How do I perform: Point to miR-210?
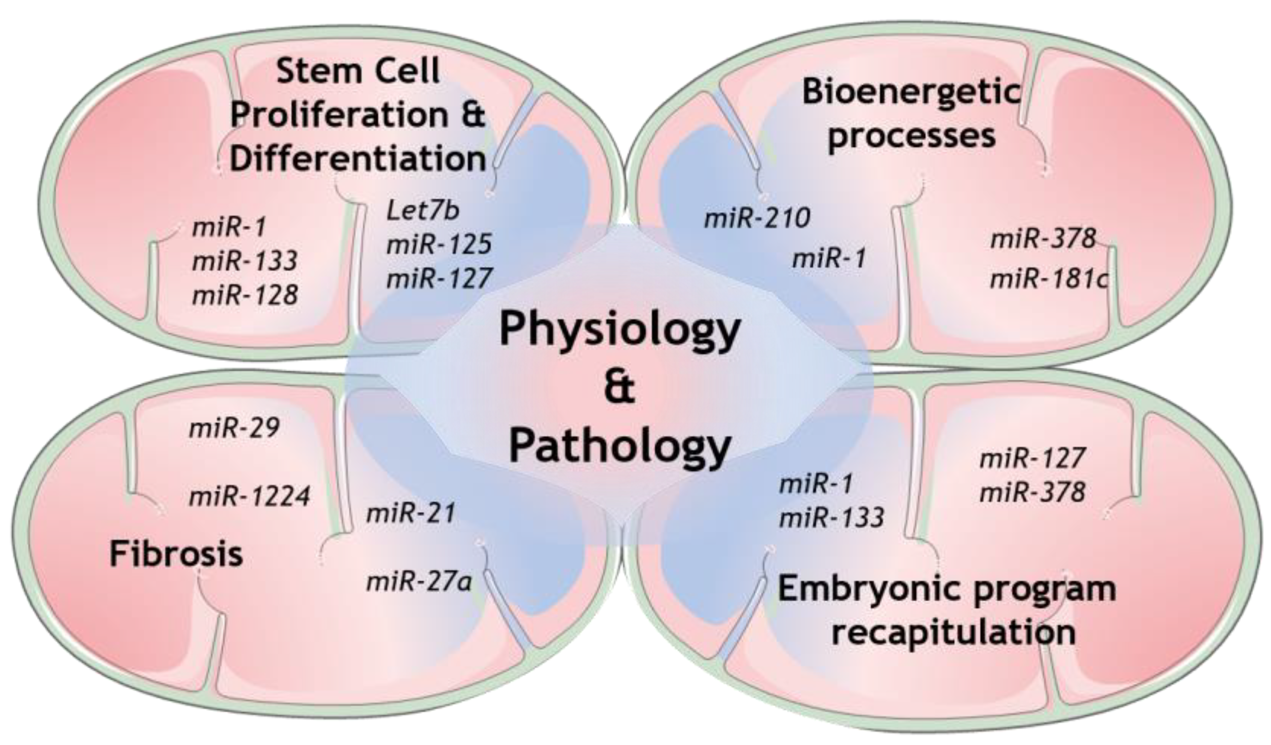pos(757,219)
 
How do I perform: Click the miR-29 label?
pos(234,429)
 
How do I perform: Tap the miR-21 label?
pos(410,514)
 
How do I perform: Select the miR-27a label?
pos(419,582)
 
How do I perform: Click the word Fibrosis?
pos(176,554)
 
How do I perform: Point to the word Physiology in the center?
pos(620,329)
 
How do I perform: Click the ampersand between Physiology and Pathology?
pos(620,389)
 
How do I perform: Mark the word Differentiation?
pos(358,158)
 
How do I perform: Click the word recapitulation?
pos(953,632)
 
